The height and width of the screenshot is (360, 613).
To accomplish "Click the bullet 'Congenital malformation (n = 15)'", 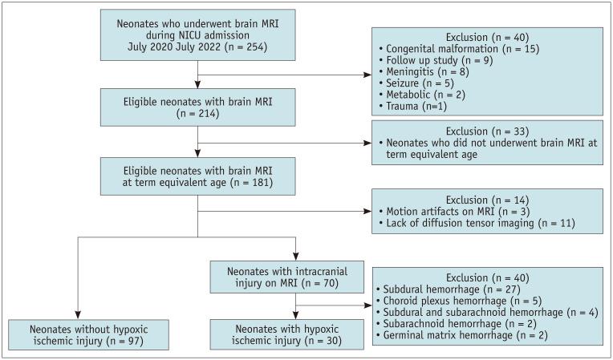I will point(458,49).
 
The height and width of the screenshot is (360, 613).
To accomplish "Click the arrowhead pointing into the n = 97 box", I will point(77,317).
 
